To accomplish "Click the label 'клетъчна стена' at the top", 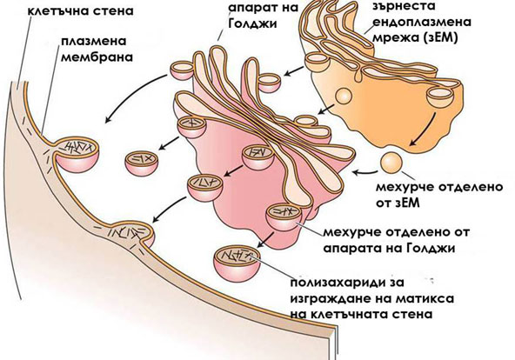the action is click(x=81, y=10).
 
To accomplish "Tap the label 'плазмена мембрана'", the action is click(x=97, y=50).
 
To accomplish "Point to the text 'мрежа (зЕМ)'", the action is click(x=416, y=38).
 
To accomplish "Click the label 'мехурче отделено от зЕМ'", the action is click(x=439, y=195).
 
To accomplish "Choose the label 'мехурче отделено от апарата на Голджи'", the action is click(x=396, y=240).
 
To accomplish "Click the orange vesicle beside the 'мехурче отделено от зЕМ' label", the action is click(x=391, y=162).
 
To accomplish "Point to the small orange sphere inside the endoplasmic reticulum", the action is click(x=344, y=97).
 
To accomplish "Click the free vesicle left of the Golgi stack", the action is click(x=142, y=163).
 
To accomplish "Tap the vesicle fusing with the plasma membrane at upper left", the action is click(x=77, y=154).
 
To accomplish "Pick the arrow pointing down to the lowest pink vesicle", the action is click(x=266, y=240).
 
